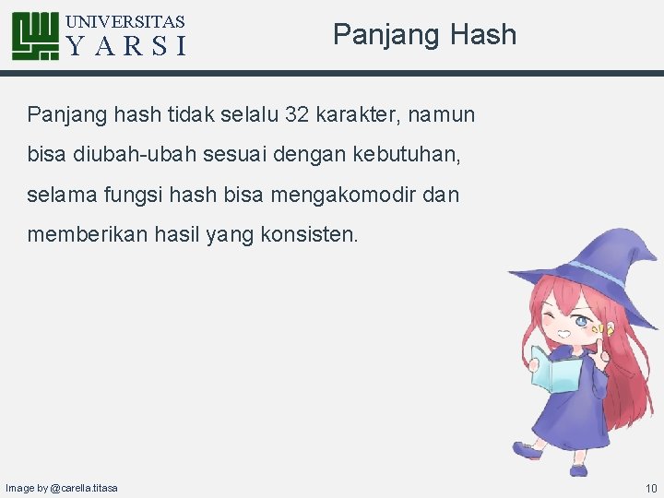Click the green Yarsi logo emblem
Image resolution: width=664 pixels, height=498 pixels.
pos(36,36)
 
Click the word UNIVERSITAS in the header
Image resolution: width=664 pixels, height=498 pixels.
pos(126,21)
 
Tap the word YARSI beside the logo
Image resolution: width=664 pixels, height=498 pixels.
pos(127,46)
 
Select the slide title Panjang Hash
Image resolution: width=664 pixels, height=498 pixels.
pos(424,35)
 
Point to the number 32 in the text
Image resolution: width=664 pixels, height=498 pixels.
pos(298,114)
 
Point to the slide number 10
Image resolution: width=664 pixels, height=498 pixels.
pos(651,487)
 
